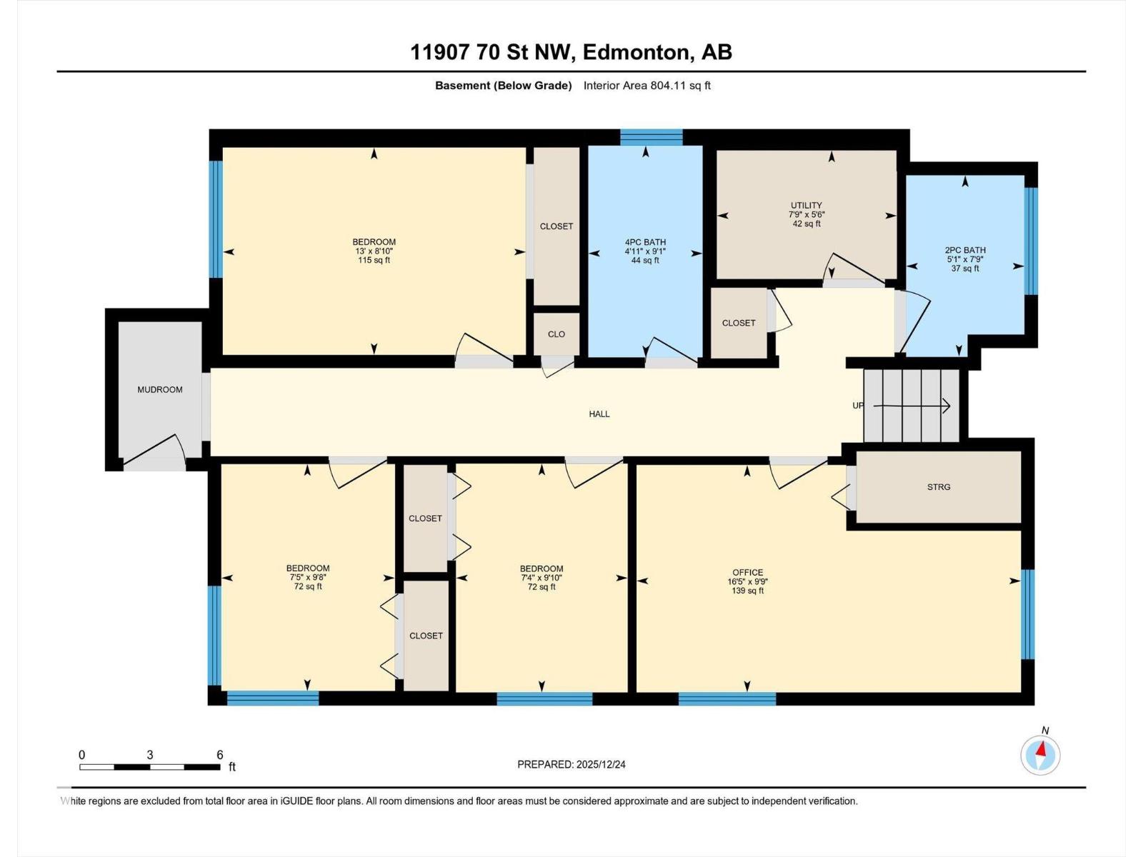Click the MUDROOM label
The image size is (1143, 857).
click(159, 390)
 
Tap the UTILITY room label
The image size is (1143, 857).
click(806, 206)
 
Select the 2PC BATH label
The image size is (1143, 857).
click(965, 251)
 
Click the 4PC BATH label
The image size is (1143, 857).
click(645, 243)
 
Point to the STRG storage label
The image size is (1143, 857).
click(939, 487)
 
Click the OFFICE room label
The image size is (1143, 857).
click(747, 573)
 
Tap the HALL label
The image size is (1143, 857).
click(599, 414)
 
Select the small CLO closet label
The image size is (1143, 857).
click(556, 334)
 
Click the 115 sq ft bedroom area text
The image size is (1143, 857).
click(374, 261)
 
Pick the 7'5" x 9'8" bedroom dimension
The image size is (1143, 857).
click(308, 578)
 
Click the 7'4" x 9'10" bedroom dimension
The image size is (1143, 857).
click(541, 578)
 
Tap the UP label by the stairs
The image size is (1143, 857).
click(858, 406)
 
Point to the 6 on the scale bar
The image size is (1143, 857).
click(220, 755)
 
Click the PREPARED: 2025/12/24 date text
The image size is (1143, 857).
click(571, 764)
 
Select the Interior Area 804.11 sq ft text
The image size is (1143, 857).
click(647, 86)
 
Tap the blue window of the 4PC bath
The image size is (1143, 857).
click(651, 136)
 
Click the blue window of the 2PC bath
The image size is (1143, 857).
click(1030, 241)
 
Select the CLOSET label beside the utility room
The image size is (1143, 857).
click(738, 324)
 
